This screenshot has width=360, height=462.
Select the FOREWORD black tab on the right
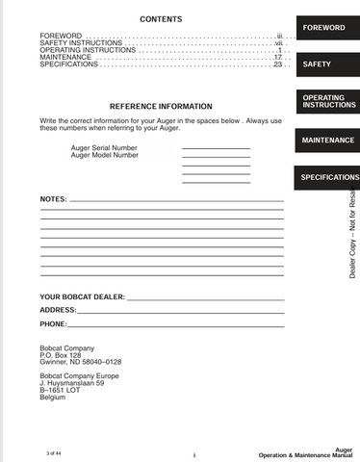[x=323, y=28]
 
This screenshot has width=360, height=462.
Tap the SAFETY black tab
[x=317, y=64]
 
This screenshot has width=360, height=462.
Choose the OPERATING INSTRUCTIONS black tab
[x=323, y=102]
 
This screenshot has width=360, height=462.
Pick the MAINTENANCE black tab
[x=328, y=141]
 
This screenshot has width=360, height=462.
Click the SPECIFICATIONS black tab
[x=329, y=178]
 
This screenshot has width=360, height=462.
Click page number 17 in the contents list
[x=277, y=57]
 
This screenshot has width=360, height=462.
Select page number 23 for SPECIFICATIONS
[x=277, y=64]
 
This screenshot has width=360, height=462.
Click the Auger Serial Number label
[x=104, y=147]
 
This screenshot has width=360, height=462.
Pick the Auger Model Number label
[x=104, y=155]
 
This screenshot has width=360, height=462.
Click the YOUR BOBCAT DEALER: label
[x=82, y=296]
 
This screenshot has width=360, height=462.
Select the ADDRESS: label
[x=58, y=311]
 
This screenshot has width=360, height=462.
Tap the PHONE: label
[x=53, y=325]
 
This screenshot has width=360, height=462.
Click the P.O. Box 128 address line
[x=61, y=354]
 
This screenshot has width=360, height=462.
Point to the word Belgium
[x=53, y=398]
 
